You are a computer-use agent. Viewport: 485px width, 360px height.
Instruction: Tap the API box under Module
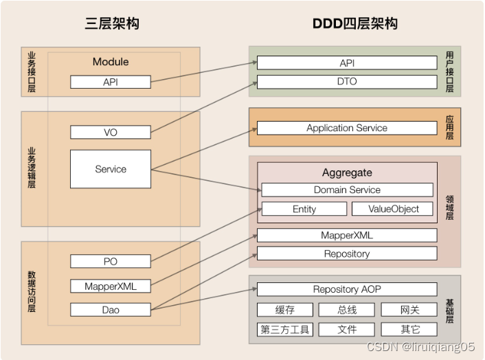pos(111,82)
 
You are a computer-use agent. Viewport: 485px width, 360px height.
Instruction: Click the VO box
pos(111,133)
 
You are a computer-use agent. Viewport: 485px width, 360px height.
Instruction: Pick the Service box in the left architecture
pos(111,169)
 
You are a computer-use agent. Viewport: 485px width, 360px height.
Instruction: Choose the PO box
pos(111,261)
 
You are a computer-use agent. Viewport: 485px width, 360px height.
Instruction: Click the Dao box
pos(111,310)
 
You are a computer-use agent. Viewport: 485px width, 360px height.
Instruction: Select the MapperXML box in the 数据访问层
pos(111,286)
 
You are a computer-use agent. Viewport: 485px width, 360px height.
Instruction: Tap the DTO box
pos(347,82)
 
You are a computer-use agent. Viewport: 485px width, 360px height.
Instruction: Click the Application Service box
pos(347,128)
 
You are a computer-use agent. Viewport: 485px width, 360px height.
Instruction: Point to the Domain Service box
pos(347,190)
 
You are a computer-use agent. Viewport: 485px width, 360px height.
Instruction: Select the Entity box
pos(304,209)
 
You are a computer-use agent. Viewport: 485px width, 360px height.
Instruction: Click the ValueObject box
pos(394,209)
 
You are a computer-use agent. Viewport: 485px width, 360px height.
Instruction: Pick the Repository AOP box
pos(347,289)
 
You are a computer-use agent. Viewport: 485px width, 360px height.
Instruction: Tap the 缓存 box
pos(284,310)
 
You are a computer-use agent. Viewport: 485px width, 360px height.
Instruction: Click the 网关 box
pos(409,310)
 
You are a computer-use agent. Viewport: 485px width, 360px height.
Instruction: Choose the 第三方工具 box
pos(284,330)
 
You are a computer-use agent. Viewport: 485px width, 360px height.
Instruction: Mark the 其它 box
pos(409,330)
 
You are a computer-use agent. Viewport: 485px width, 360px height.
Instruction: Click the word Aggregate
pos(347,173)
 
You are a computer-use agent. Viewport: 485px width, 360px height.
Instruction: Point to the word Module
pos(111,62)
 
